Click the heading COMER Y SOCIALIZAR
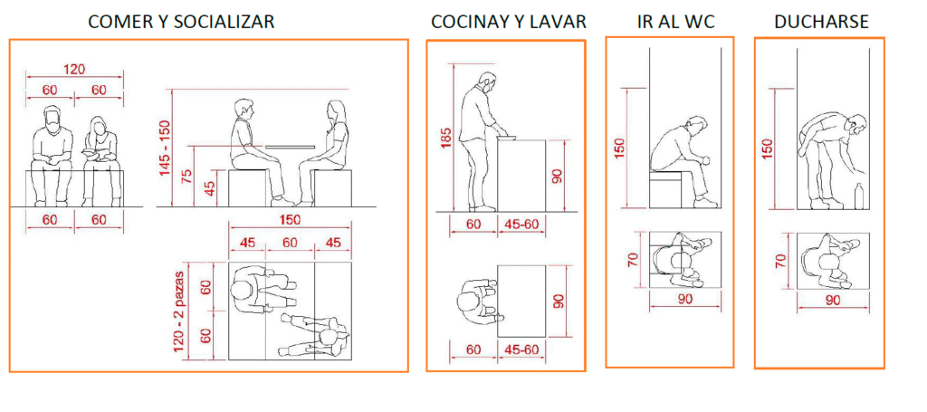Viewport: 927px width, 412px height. (x=181, y=22)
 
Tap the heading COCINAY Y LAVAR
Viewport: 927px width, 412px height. (x=509, y=22)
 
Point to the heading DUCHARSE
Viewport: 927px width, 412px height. (x=822, y=22)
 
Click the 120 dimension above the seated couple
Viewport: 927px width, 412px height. (x=74, y=69)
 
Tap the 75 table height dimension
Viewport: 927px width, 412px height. (x=187, y=176)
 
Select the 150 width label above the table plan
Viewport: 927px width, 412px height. (x=289, y=220)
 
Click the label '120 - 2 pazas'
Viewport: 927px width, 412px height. (x=179, y=311)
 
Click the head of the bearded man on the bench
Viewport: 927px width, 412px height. (x=53, y=119)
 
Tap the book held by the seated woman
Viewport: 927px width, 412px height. (x=92, y=154)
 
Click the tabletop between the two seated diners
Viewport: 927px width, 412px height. (x=291, y=146)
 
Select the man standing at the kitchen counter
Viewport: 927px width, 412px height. (x=481, y=141)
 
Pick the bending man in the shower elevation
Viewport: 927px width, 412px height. (x=832, y=160)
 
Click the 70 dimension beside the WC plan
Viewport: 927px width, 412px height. (x=633, y=260)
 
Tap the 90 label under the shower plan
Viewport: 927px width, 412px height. (x=833, y=300)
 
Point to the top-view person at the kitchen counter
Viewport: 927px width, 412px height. (x=478, y=302)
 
